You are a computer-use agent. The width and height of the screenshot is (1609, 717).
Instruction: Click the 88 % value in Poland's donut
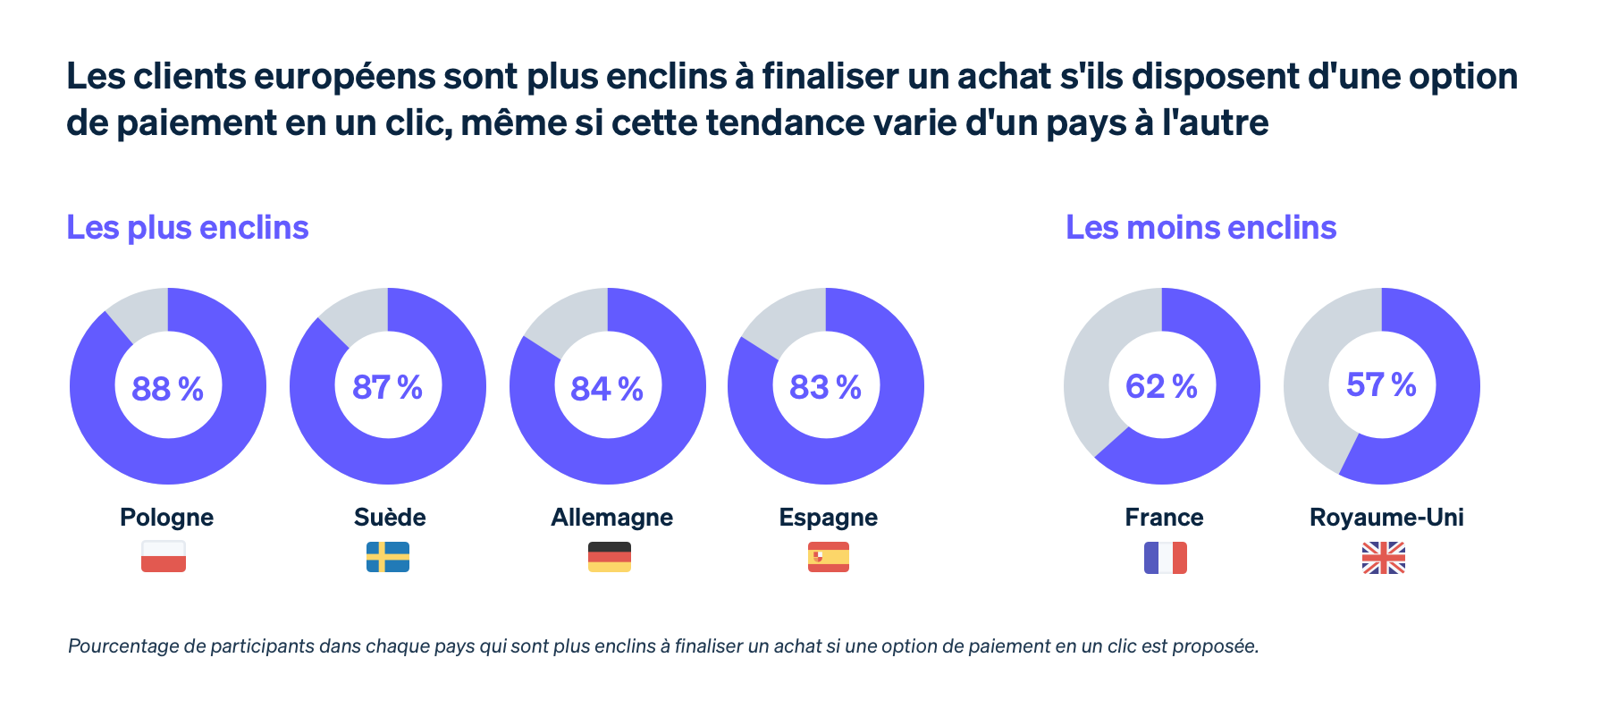pyautogui.click(x=167, y=389)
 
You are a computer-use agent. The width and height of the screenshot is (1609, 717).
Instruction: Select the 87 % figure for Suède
pyautogui.click(x=387, y=387)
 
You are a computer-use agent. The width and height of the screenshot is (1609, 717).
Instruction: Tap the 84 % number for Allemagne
pyautogui.click(x=607, y=389)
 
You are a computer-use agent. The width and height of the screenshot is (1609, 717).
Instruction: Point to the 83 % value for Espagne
pyautogui.click(x=825, y=387)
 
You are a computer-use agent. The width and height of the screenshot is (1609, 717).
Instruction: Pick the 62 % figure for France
pyautogui.click(x=1161, y=386)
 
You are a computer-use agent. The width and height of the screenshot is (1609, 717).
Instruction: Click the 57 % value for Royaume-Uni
pyautogui.click(x=1381, y=384)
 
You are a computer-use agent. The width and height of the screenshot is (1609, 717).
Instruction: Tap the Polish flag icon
pyautogui.click(x=164, y=557)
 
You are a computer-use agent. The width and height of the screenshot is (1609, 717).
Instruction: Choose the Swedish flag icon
pyautogui.click(x=388, y=557)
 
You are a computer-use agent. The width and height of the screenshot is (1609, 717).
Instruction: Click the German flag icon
pyautogui.click(x=610, y=557)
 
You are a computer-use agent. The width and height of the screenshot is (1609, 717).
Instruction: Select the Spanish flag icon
pyautogui.click(x=829, y=557)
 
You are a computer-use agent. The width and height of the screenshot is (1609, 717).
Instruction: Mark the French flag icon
pyautogui.click(x=1166, y=558)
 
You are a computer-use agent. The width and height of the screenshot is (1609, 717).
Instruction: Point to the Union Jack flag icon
pyautogui.click(x=1384, y=558)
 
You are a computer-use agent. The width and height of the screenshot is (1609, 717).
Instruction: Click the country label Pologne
pyautogui.click(x=167, y=518)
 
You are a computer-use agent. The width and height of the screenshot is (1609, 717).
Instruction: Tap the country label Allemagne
pyautogui.click(x=612, y=518)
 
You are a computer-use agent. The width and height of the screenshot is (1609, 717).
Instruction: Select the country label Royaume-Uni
pyautogui.click(x=1386, y=518)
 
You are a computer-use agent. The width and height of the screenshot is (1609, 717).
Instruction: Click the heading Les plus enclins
pyautogui.click(x=188, y=228)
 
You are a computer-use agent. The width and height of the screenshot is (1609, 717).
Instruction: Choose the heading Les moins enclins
pyautogui.click(x=1200, y=228)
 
